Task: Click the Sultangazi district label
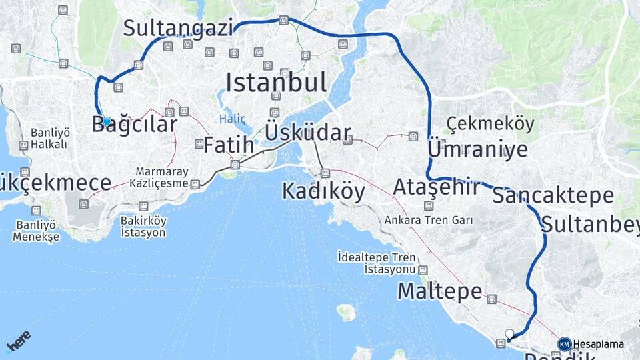coord(179,28)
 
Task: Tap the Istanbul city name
coord(276,83)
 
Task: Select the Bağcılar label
coord(135,124)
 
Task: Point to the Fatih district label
coord(229,144)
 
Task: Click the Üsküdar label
coord(308,132)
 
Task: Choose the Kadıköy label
coord(323,191)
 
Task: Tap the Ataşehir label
coord(437,187)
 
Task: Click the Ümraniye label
coord(477,149)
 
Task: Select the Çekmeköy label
coord(491,124)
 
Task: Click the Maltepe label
coord(439,291)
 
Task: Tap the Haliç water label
coord(233,119)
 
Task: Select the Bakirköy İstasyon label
coord(143,227)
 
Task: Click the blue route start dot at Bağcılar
coord(107,121)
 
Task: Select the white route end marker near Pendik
coord(510,334)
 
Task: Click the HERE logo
coord(19,341)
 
